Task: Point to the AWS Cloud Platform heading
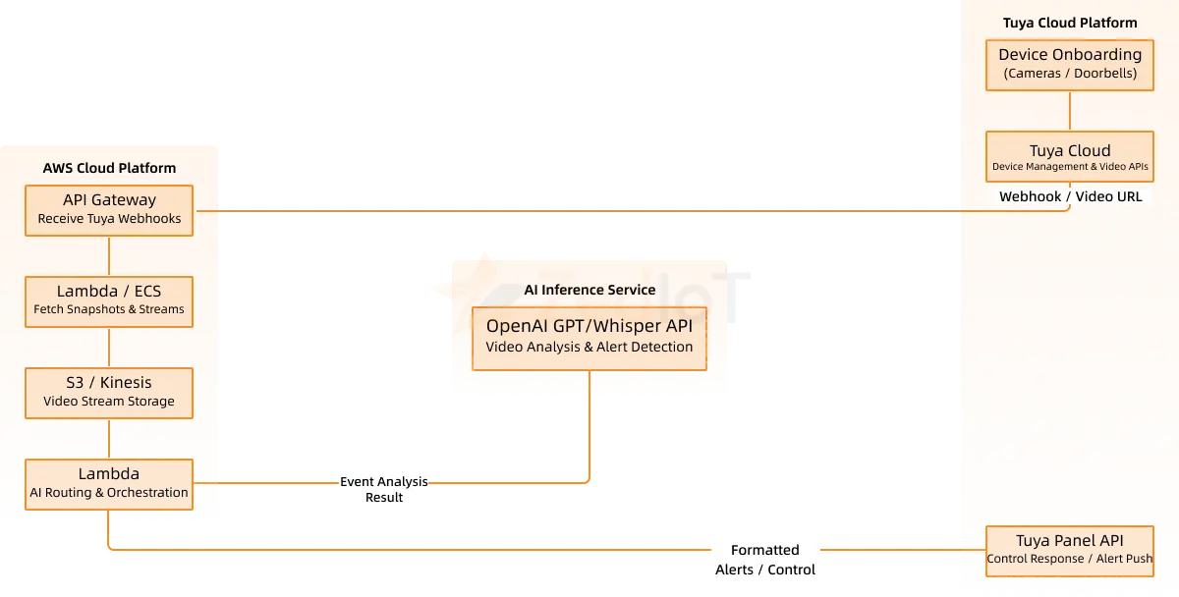click(109, 168)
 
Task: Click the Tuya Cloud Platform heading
click(1070, 23)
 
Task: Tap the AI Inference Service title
click(589, 290)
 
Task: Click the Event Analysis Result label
click(384, 489)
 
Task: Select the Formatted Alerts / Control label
click(765, 560)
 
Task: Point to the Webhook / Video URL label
click(1070, 196)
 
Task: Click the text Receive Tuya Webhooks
click(109, 219)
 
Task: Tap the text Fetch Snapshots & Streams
click(109, 309)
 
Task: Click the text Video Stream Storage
click(109, 401)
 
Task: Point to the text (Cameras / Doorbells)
click(1070, 74)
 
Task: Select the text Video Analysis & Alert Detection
click(589, 347)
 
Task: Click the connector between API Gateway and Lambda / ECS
click(109, 256)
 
